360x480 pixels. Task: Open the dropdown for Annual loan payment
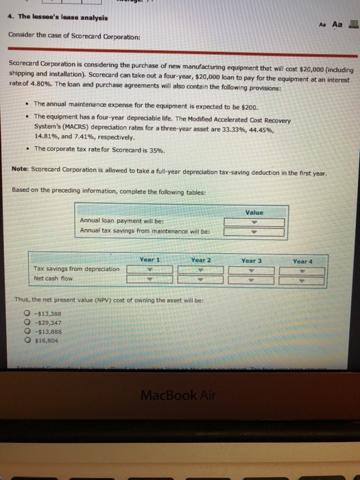(x=253, y=221)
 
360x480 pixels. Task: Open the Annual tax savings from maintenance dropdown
(x=253, y=230)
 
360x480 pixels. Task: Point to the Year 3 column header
(x=252, y=260)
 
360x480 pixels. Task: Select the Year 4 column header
(x=302, y=261)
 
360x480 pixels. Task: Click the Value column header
(x=253, y=212)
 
